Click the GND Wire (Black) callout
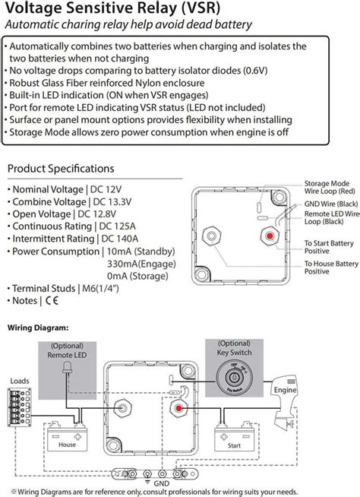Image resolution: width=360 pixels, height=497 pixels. click(330, 205)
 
